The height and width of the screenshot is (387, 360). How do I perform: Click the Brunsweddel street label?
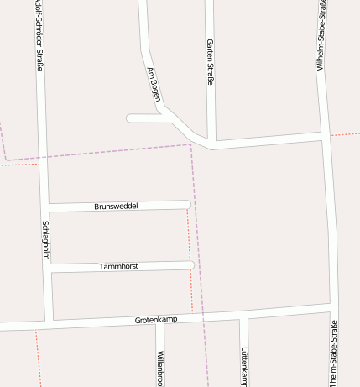click(x=116, y=206)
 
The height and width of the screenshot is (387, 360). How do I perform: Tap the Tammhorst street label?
click(x=118, y=266)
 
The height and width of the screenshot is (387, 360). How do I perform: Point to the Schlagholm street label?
click(x=46, y=241)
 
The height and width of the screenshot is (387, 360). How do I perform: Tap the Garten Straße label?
click(x=210, y=61)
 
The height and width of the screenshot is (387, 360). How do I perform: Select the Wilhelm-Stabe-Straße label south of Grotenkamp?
click(x=334, y=353)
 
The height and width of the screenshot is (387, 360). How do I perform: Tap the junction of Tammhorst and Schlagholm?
click(x=50, y=268)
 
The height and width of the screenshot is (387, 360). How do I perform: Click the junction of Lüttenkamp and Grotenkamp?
click(x=243, y=316)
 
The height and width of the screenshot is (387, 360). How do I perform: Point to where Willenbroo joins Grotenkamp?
click(x=159, y=320)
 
